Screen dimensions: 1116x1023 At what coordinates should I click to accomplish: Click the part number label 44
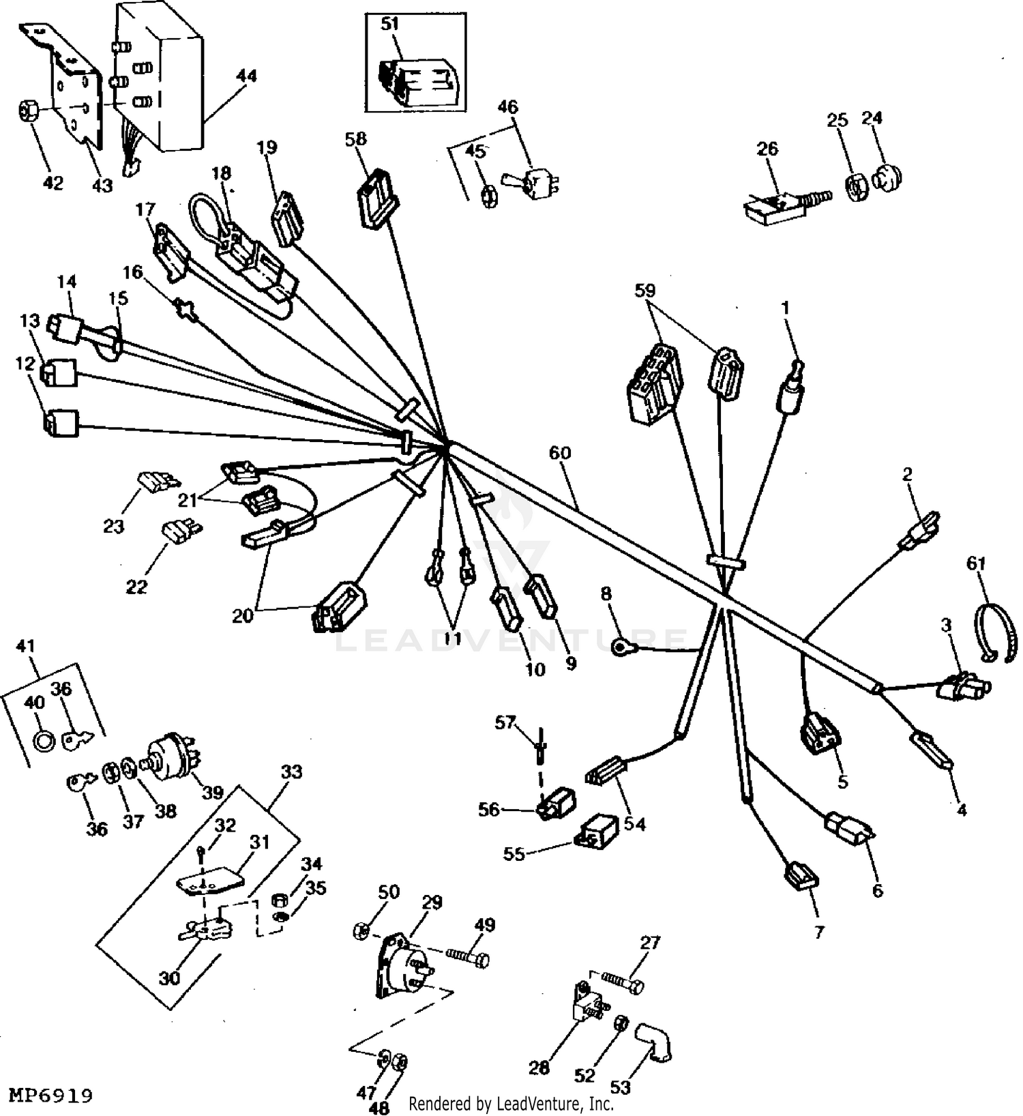point(246,76)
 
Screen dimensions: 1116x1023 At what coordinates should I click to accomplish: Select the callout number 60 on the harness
point(560,453)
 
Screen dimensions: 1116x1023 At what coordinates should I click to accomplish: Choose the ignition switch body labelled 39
point(171,756)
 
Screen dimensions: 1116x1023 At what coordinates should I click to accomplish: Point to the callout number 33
point(291,772)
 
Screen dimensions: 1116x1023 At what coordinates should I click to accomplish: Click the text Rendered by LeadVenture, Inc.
point(511,1103)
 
